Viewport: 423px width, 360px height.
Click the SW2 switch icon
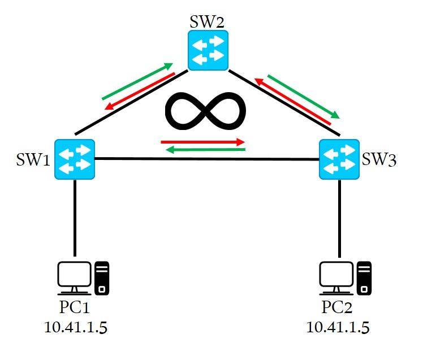208,50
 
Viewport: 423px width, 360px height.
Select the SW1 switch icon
75,159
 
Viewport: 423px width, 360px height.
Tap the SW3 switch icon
339,159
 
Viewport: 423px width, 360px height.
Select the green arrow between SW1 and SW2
137,81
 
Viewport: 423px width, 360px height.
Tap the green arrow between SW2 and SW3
303,96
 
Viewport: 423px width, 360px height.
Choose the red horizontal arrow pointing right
203,141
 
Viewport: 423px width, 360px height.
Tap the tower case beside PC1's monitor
102,277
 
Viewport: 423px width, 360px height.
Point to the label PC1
75,309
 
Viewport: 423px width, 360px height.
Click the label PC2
338,309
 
